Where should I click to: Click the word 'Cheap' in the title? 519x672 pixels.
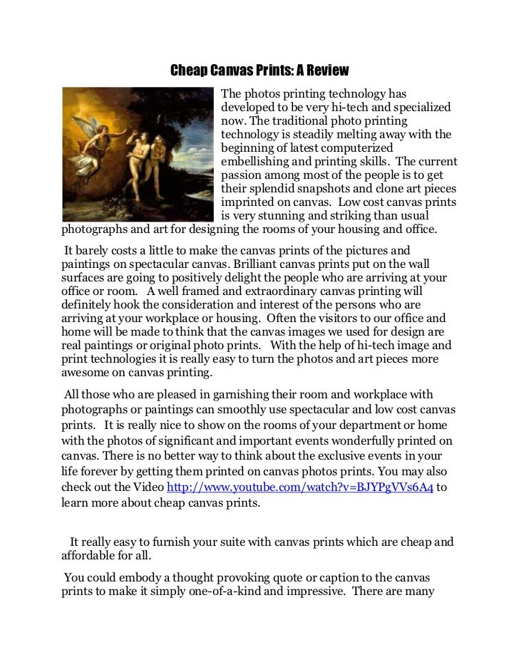187,71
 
